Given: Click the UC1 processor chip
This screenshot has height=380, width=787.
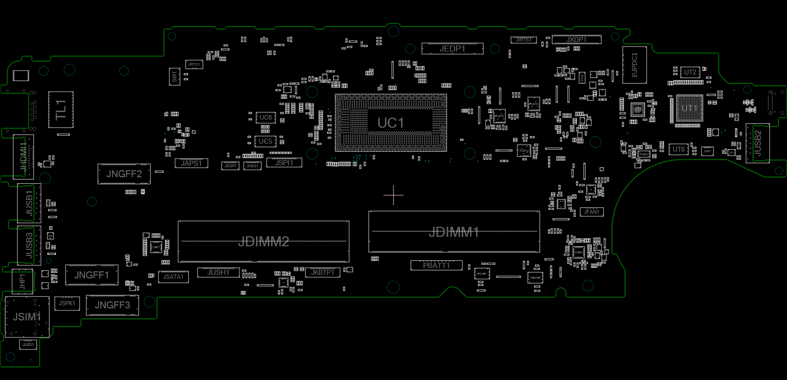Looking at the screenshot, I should coord(390,123).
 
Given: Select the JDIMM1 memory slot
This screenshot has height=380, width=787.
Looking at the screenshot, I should coord(454,232).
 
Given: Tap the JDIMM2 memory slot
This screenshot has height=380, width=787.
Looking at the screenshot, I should coord(263,241).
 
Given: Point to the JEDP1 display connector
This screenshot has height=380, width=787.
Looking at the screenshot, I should coord(452,49).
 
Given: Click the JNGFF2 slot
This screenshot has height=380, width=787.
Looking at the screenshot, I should coord(124,174).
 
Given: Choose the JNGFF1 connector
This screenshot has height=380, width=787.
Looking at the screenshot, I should coord(91,275).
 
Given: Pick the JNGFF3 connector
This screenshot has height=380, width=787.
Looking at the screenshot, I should coord(112,305).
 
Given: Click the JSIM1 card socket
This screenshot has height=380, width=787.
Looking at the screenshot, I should coord(26,317).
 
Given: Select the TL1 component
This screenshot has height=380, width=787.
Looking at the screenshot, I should coord(61,110).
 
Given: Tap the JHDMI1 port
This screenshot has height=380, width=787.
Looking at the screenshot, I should coord(23,157).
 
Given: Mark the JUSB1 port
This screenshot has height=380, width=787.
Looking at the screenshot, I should coord(29,203).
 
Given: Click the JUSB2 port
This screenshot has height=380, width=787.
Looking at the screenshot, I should coord(757,143).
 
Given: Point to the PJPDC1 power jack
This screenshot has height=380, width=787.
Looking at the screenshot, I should coord(634,65).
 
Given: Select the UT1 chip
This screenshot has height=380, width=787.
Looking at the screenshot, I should coord(689,108).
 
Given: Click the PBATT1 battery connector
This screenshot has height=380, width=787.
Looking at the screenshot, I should coord(436,265).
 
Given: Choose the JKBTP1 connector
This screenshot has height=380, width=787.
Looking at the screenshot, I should coord(322,272).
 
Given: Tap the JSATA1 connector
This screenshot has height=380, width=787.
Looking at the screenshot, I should coord(173,277).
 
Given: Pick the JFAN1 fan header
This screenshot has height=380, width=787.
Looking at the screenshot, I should coord(591,212).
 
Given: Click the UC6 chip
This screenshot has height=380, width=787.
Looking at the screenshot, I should coord(265,118).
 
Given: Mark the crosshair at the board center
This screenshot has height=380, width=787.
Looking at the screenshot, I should coord(393,195).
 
